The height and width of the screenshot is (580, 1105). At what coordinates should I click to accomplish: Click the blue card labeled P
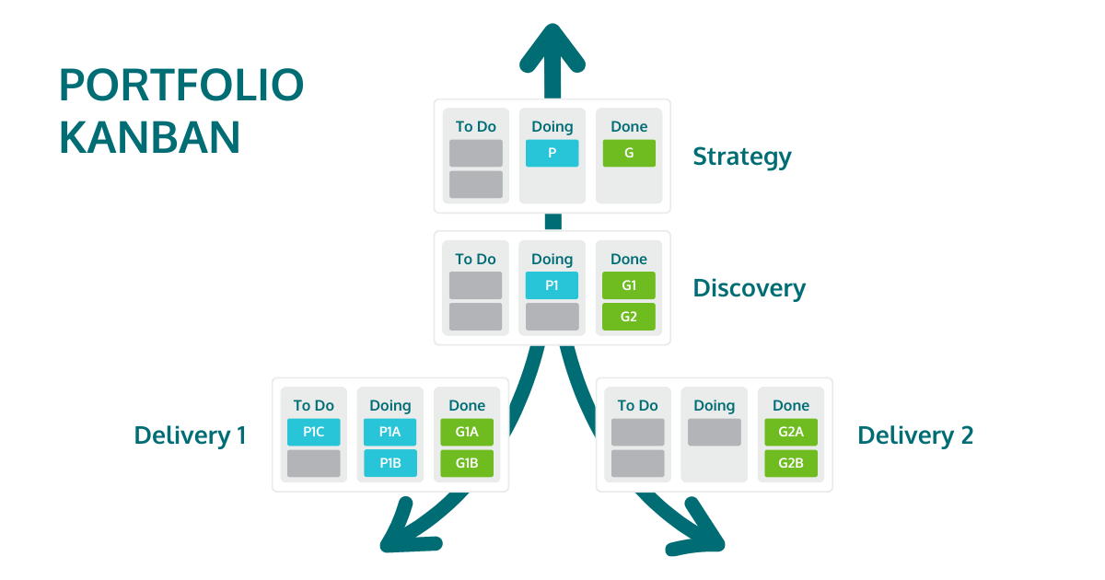coord(552,153)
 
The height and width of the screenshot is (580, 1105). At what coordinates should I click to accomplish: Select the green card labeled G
coord(629,153)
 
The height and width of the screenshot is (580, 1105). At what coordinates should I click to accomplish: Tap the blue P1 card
coord(552,285)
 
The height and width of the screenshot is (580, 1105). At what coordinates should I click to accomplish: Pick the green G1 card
coord(629,285)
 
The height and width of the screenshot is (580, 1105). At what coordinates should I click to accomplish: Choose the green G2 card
coord(629,317)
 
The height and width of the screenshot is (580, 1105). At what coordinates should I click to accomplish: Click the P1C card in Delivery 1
coord(313,432)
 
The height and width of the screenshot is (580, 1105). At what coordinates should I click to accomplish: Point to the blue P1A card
coord(390,432)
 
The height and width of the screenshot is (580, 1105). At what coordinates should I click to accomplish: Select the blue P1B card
coord(390,463)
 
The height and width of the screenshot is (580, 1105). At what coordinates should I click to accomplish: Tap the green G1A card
coord(467,432)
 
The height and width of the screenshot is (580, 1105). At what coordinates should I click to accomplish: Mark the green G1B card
coord(467,463)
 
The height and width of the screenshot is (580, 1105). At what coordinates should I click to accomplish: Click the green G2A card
coord(791,432)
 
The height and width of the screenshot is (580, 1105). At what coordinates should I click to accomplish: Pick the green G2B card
coord(791,463)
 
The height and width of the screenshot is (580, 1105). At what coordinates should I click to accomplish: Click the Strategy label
coord(741,157)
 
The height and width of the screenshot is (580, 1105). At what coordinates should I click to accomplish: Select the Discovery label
coord(749,288)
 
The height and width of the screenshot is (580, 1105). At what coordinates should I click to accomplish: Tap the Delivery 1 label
coord(190,435)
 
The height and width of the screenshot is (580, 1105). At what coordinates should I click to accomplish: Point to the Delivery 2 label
coord(914,435)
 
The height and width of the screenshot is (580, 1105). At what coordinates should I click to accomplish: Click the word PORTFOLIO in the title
coord(181,86)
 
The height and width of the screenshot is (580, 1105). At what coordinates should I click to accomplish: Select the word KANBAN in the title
coord(150,137)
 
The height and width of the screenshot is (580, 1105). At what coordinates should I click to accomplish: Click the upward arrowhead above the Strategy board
coord(552,46)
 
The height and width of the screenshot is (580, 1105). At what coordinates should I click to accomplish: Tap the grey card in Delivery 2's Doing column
coord(714,432)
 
